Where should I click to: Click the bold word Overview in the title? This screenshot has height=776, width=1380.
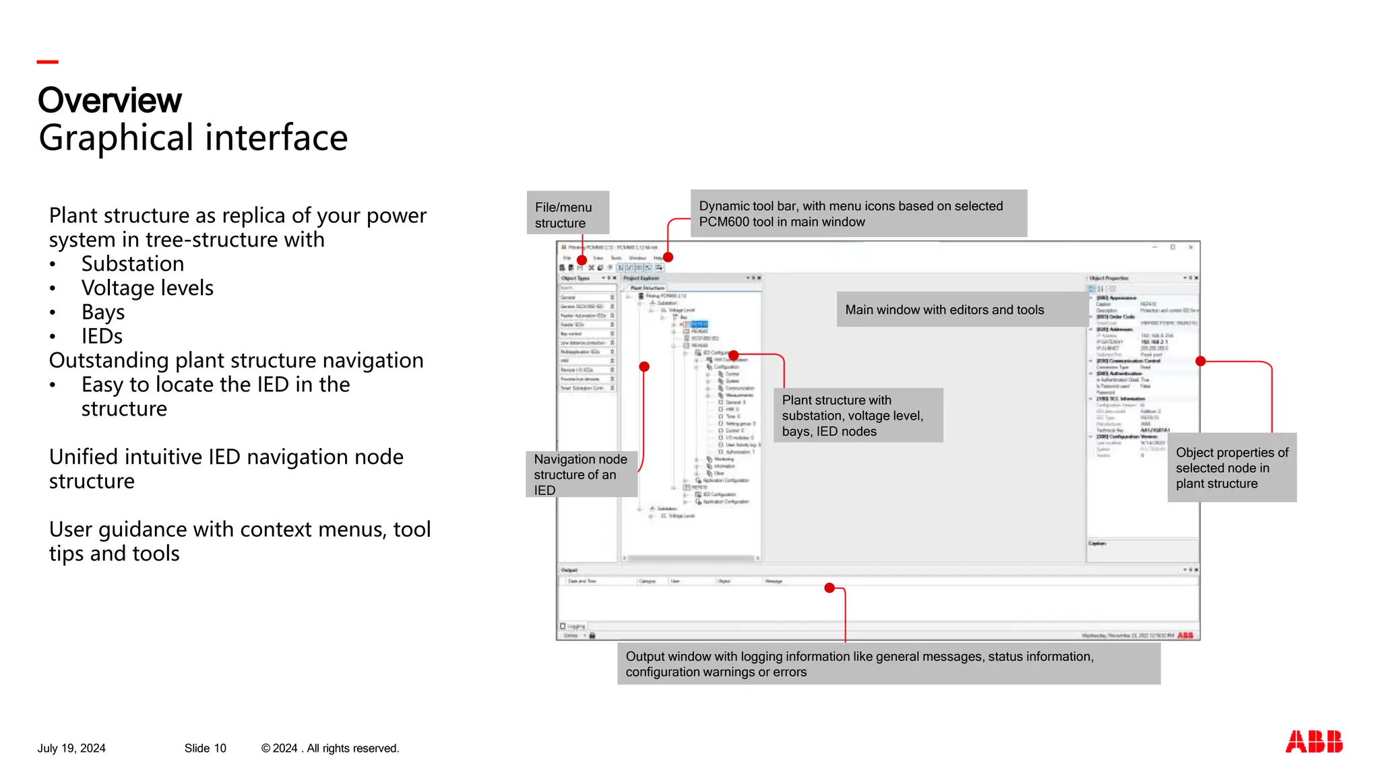(x=110, y=100)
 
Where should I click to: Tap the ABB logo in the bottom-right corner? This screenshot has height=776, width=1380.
(x=1313, y=742)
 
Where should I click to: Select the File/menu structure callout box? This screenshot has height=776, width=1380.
(x=567, y=214)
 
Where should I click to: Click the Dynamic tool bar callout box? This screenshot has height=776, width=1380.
(x=858, y=214)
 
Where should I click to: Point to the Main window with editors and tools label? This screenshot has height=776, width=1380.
(x=944, y=310)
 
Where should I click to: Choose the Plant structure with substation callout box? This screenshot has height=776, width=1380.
(x=858, y=416)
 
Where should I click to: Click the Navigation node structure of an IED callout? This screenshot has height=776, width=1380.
(x=581, y=474)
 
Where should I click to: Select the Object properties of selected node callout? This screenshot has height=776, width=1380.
(x=1231, y=467)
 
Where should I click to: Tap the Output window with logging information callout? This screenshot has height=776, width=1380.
(x=888, y=664)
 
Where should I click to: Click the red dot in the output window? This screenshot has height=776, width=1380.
(x=829, y=588)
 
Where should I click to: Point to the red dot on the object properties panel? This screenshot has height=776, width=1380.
(x=1200, y=362)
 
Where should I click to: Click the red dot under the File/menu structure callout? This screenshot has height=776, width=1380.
(x=582, y=260)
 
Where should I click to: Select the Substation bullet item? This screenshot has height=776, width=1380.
(x=133, y=264)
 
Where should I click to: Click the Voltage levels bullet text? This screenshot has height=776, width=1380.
(x=148, y=288)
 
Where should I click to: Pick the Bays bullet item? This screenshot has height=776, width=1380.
(x=103, y=313)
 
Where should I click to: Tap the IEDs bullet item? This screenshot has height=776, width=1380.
(x=102, y=337)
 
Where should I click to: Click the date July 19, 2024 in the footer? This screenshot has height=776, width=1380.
(x=71, y=748)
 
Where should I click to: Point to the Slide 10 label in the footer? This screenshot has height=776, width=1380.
(x=206, y=748)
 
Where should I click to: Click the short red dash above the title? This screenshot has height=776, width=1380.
(x=48, y=62)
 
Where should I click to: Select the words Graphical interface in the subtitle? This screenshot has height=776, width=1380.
(x=193, y=138)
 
